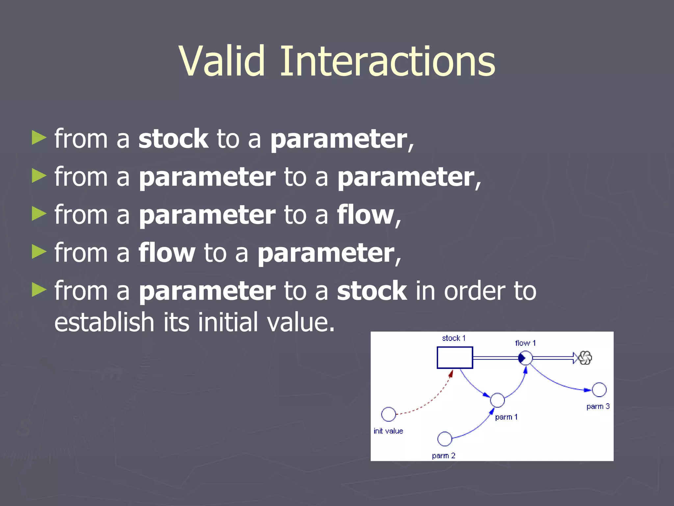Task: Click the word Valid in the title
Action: pos(222,61)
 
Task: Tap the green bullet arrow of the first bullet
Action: pos(39,138)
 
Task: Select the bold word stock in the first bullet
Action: pos(173,139)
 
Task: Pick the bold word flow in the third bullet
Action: pos(365,215)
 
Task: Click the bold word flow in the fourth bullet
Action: pos(167,253)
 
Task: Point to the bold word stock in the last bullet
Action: pos(372,291)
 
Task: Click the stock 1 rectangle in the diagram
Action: pos(454,357)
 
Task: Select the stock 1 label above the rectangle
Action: pos(454,338)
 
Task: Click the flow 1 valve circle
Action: pos(525,358)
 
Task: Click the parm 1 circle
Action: pos(497,400)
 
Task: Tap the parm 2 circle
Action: pos(445,439)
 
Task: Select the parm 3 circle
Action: pos(599,390)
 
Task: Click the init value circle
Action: pos(388,414)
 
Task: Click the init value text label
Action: pos(388,431)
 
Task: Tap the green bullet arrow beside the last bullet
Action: pos(39,290)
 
